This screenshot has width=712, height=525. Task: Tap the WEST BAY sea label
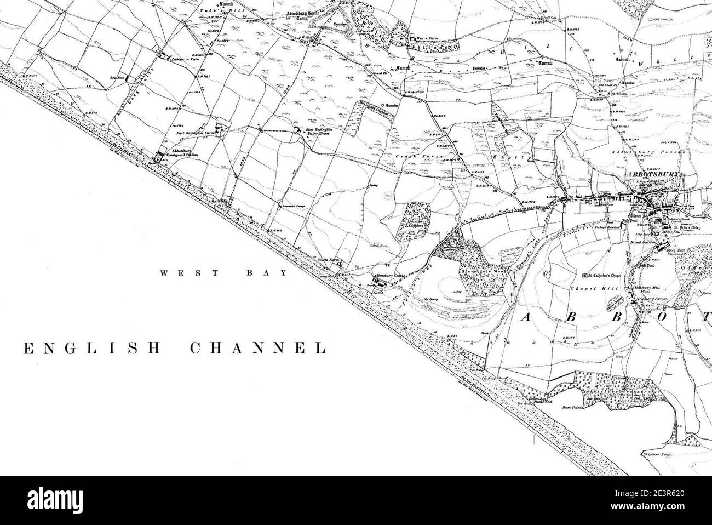pos(223,272)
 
